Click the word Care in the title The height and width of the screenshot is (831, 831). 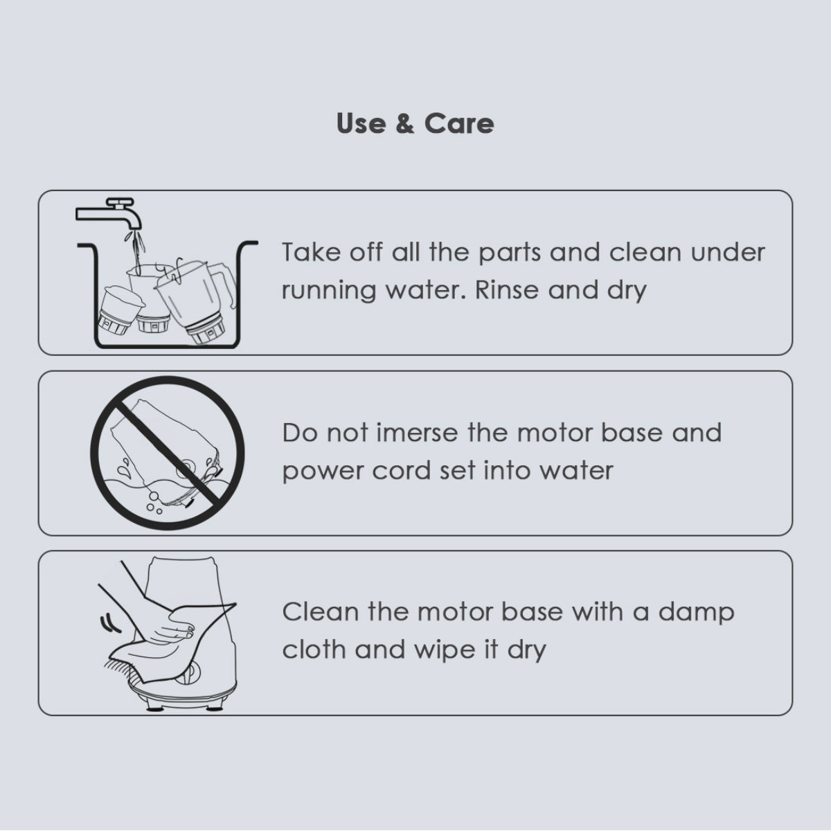(459, 124)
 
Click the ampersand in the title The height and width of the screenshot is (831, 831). (404, 124)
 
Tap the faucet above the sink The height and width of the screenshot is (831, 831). (109, 213)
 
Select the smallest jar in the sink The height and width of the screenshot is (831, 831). (118, 310)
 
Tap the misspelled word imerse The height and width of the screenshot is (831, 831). (417, 433)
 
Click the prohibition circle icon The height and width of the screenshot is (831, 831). (168, 453)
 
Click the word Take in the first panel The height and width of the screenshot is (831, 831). (310, 252)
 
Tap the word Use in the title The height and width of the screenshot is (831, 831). (361, 124)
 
